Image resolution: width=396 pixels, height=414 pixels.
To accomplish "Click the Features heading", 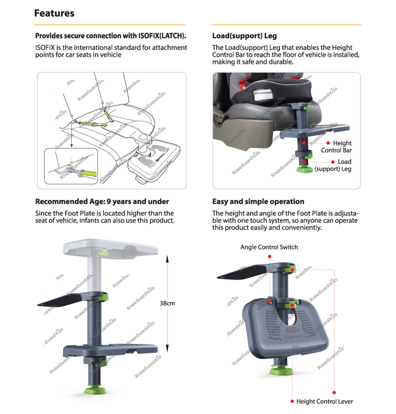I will coord(54,13).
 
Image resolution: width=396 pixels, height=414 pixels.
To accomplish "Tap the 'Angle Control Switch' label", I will coord(269,247).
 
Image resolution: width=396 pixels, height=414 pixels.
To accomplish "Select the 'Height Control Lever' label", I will coord(325,401).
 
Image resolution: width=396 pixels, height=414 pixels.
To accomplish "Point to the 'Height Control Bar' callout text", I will coord(336,147).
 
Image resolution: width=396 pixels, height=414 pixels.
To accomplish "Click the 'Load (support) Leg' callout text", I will coord(334,166).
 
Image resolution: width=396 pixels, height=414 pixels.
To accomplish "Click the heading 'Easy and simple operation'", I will coord(258,201).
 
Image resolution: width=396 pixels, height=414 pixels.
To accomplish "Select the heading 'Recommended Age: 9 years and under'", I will coord(102,201).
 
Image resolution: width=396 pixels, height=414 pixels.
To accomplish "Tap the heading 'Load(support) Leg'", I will coord(244,36).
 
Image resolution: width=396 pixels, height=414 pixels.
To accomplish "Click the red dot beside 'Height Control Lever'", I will coord(291,401).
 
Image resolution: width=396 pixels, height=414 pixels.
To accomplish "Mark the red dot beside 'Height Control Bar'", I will coord(328,143).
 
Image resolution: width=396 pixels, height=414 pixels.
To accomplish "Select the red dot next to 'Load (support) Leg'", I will coord(328,162).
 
